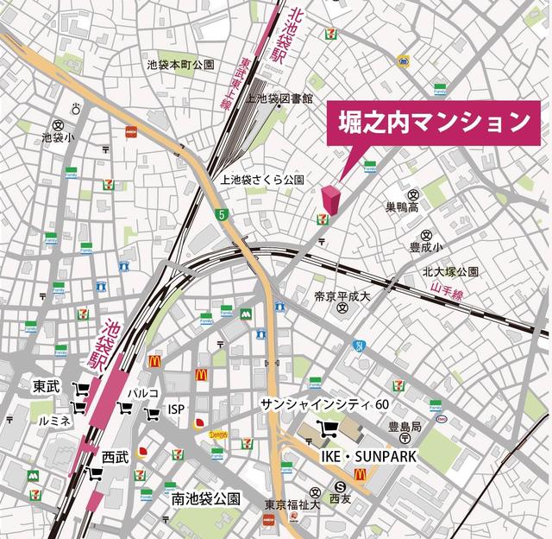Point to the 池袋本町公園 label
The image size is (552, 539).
tap(180, 64)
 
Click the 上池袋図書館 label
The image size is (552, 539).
tap(279, 99)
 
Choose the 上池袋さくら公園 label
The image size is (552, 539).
tap(263, 181)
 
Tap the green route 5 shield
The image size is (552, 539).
tap(222, 213)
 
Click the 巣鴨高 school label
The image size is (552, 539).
tap(408, 207)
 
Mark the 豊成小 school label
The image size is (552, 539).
tap(426, 246)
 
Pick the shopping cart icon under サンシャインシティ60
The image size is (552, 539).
tap(329, 428)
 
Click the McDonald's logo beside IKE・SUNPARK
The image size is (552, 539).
tap(361, 474)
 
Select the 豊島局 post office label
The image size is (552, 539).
tap(404, 427)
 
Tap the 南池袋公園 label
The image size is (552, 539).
tap(205, 499)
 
